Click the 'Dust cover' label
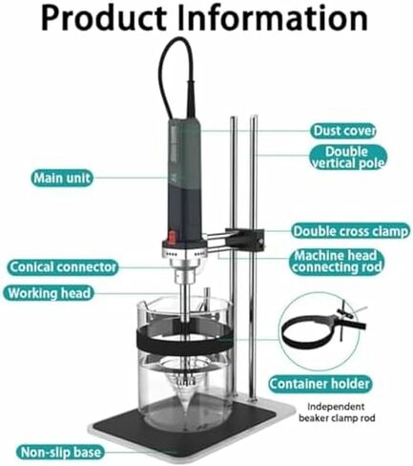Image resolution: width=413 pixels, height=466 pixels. (x=343, y=131)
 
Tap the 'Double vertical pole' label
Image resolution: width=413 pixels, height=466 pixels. (x=348, y=157)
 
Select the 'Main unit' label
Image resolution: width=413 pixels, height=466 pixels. (x=62, y=178)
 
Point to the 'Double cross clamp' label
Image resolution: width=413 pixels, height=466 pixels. (x=350, y=231)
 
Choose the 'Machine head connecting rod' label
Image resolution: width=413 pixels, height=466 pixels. (x=337, y=262)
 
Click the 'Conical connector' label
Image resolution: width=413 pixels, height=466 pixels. (x=63, y=267)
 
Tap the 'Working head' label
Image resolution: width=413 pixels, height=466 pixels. (x=49, y=293)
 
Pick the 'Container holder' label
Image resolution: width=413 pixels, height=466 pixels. (x=320, y=384)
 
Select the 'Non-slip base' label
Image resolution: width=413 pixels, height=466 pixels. (x=60, y=452)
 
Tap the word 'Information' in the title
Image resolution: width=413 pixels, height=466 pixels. (x=273, y=18)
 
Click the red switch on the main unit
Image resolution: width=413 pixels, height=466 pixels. (x=172, y=238)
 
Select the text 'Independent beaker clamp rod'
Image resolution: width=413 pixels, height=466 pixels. (x=337, y=413)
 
